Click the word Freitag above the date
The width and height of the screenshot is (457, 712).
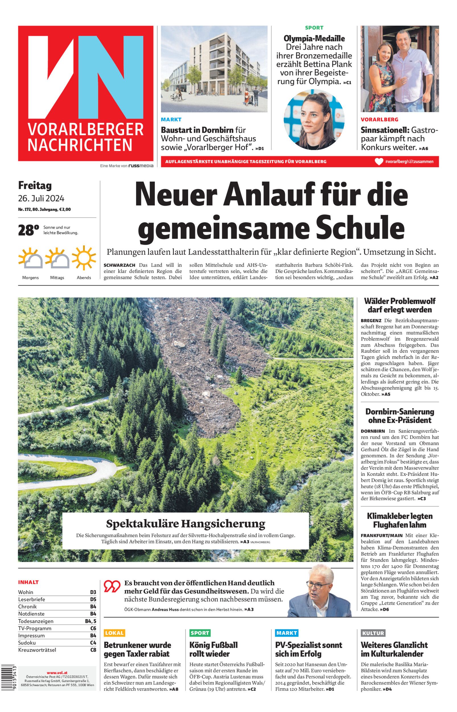[35, 186]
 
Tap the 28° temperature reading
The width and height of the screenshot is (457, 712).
[28, 230]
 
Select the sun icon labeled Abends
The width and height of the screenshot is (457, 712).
[84, 258]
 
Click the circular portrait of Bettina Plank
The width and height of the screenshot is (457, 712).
[314, 119]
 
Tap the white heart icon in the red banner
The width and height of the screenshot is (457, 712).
[379, 162]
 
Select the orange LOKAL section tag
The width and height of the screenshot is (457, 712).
[114, 633]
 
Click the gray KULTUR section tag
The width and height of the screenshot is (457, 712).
[373, 633]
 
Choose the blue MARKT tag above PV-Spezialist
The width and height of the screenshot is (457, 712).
[286, 633]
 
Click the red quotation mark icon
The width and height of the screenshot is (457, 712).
[112, 586]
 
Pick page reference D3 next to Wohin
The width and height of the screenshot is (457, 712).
[93, 592]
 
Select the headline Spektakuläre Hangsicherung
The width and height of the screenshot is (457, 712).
[186, 523]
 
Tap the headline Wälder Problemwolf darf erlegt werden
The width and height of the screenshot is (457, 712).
[400, 305]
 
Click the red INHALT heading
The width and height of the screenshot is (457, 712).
[28, 582]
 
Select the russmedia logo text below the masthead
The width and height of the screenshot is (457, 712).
[141, 166]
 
